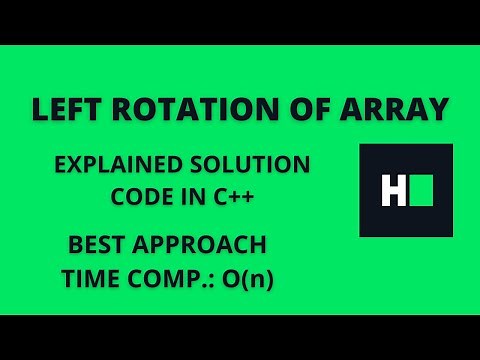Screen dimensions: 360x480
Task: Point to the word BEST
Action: [x=99, y=245]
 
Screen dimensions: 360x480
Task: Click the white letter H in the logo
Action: [x=390, y=190]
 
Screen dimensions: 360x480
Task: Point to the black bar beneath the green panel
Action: [x=240, y=337]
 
